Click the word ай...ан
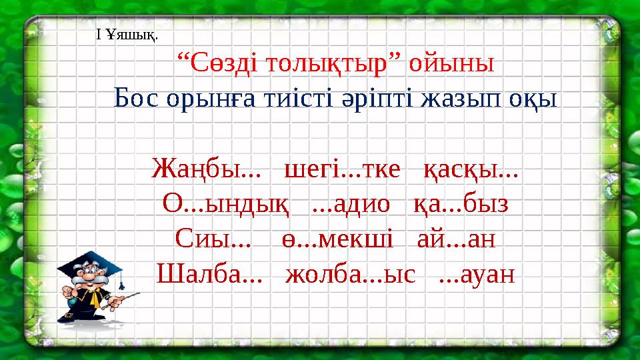(x=456, y=237)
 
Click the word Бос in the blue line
(x=137, y=99)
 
